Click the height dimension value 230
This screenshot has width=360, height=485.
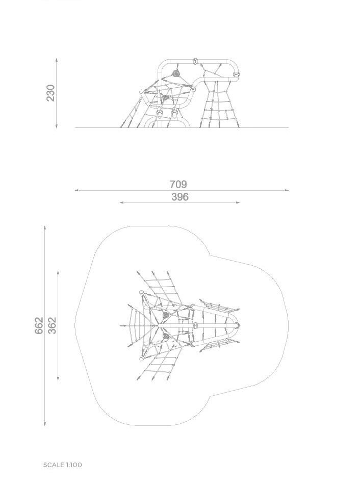coord(50,93)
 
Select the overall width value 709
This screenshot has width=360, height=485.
coord(178,184)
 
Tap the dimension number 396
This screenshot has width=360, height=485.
coord(179,197)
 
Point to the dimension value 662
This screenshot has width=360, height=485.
coord(39,325)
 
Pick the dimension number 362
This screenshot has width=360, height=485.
coord(53,325)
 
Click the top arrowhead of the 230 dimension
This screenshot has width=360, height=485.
coord(57,60)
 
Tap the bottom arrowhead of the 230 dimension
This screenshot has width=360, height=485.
coord(57,126)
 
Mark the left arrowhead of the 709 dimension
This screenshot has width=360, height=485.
coord(76,191)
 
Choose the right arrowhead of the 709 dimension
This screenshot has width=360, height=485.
coord(287,191)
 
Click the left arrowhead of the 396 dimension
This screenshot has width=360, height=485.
coord(122,202)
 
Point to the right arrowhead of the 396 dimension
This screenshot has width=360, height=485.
coord(238,202)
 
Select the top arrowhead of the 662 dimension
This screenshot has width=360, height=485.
coord(45,228)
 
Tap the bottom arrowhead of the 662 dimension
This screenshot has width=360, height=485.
coord(45,423)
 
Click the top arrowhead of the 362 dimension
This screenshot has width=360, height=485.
coord(58,273)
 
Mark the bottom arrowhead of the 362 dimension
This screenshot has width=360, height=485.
coord(58,378)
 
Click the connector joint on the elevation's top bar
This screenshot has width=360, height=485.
coord(195,61)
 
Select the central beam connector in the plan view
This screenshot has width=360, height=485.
coord(195,326)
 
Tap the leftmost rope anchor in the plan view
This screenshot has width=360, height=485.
coord(121,326)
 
